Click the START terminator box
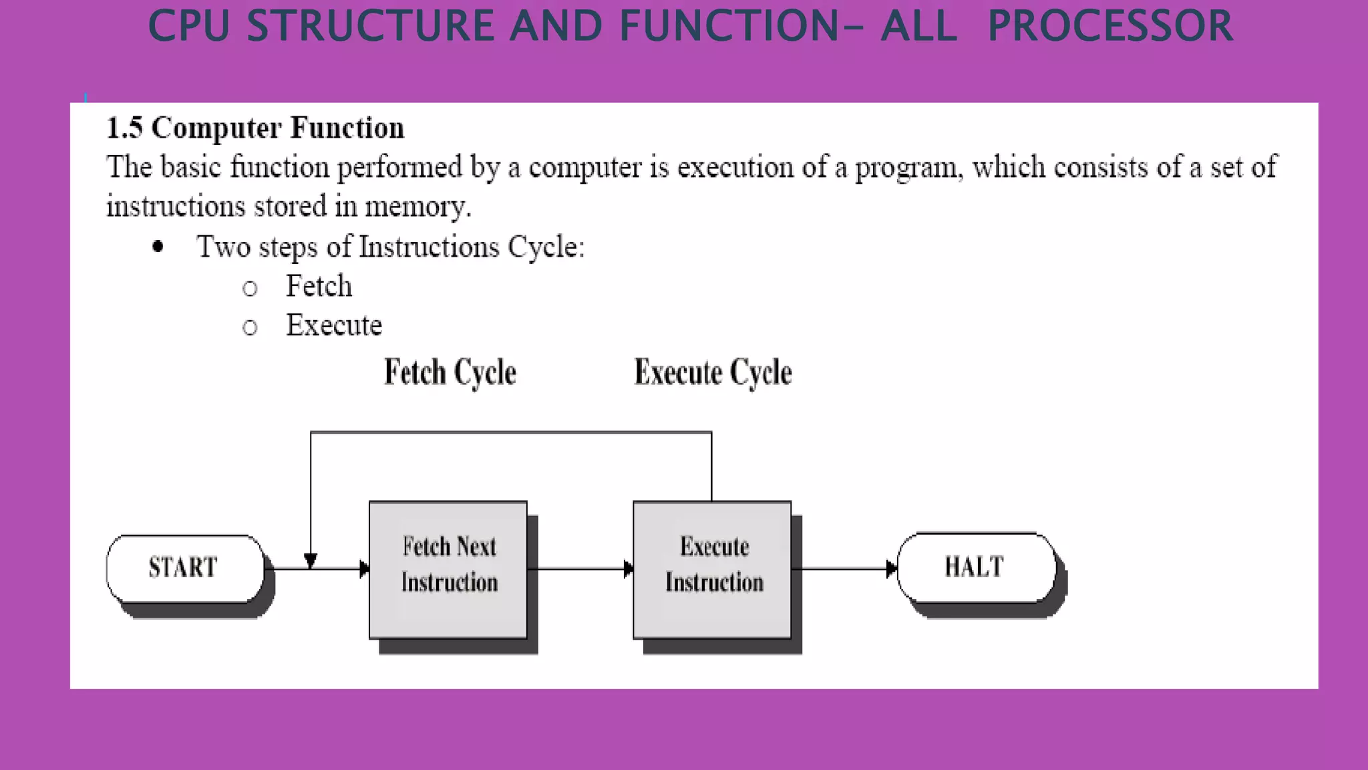(x=185, y=568)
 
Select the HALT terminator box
(x=975, y=567)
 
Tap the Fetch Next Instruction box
(x=448, y=569)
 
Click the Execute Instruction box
(x=712, y=569)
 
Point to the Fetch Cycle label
(x=450, y=372)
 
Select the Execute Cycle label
(x=713, y=372)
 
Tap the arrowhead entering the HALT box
(x=891, y=569)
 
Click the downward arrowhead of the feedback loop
(x=311, y=560)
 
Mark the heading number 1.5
(x=125, y=128)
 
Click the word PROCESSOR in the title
(x=1109, y=27)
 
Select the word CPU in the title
(x=188, y=27)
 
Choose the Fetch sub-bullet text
(x=319, y=286)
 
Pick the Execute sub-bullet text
(x=334, y=326)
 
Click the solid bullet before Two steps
(x=158, y=247)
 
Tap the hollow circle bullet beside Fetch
(x=250, y=289)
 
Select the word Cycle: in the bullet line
(x=546, y=247)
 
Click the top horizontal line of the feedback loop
(x=511, y=432)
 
